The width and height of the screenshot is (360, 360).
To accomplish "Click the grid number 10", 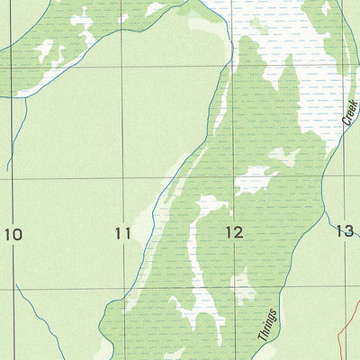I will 13,235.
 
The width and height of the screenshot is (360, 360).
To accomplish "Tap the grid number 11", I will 123,234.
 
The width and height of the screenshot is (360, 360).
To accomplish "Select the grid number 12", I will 234,232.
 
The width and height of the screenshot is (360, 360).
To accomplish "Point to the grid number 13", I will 345,231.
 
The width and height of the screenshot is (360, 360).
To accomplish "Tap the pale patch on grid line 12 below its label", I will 240,288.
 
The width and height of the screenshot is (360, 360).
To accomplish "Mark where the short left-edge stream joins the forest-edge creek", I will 25,97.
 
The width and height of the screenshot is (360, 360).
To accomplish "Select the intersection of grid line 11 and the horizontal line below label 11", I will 123,290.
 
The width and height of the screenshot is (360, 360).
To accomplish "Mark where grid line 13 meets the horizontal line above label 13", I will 344,176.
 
